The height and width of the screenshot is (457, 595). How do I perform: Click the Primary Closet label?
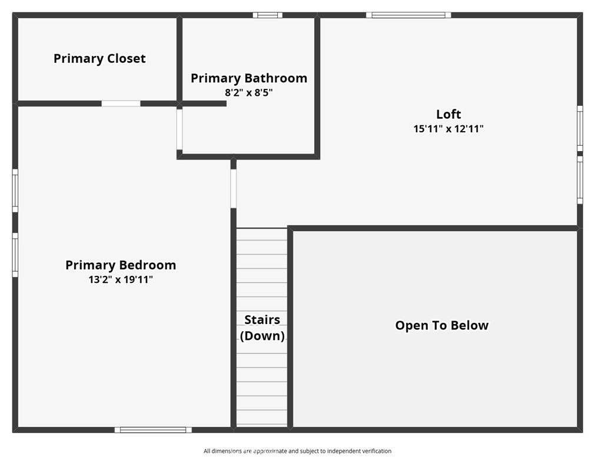point(99,58)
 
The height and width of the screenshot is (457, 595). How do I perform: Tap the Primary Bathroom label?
point(249,78)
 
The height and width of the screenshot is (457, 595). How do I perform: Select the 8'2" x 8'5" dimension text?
point(249,92)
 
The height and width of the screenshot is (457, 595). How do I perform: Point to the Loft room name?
point(448,114)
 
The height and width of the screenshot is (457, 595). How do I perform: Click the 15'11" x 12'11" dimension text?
point(448,129)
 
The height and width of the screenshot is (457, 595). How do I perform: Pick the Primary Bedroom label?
point(121,265)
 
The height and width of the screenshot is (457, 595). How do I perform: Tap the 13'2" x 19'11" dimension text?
point(121,279)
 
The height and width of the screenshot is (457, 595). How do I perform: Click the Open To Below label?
point(442,325)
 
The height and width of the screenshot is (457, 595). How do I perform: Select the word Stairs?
point(262,320)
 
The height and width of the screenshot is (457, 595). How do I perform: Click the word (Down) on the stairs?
point(262,336)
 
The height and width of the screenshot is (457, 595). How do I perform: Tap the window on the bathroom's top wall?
point(268,15)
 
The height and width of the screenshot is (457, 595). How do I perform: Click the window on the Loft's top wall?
point(408,15)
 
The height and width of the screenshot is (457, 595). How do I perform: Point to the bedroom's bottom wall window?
point(153,430)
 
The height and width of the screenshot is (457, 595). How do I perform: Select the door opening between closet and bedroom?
point(121,104)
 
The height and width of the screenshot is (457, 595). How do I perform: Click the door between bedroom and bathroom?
point(180,129)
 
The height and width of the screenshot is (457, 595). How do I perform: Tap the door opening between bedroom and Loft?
point(234,188)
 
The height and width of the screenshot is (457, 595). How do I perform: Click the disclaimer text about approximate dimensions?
point(298,451)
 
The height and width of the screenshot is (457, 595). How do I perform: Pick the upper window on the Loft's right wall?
point(580,129)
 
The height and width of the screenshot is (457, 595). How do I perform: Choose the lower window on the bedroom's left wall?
point(15,255)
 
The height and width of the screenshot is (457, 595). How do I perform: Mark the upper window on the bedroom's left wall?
point(15,191)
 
